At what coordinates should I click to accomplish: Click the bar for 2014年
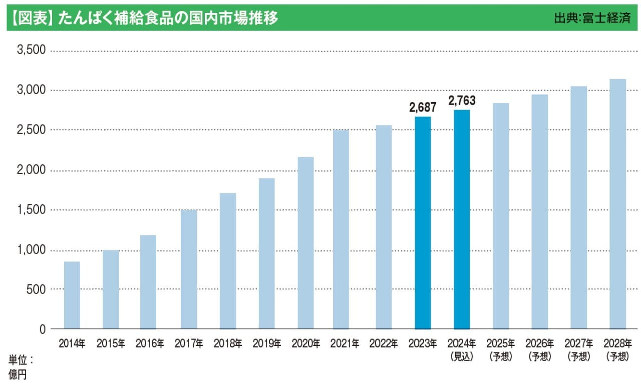pyautogui.click(x=72, y=295)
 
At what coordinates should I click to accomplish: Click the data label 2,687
pyautogui.click(x=423, y=107)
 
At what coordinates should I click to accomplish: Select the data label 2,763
pyautogui.click(x=462, y=101)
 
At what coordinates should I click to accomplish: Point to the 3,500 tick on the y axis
pyautogui.click(x=31, y=51)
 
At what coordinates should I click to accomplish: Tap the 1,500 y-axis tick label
pyautogui.click(x=31, y=210)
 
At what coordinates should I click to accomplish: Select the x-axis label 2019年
pyautogui.click(x=267, y=344)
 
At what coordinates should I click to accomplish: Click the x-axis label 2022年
pyautogui.click(x=384, y=344)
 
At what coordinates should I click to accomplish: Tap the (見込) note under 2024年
pyautogui.click(x=462, y=357)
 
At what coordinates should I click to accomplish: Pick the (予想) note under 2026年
pyautogui.click(x=540, y=357)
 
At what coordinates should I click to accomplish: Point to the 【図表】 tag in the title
pyautogui.click(x=31, y=18)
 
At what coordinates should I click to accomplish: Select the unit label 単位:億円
pyautogui.click(x=20, y=366)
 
